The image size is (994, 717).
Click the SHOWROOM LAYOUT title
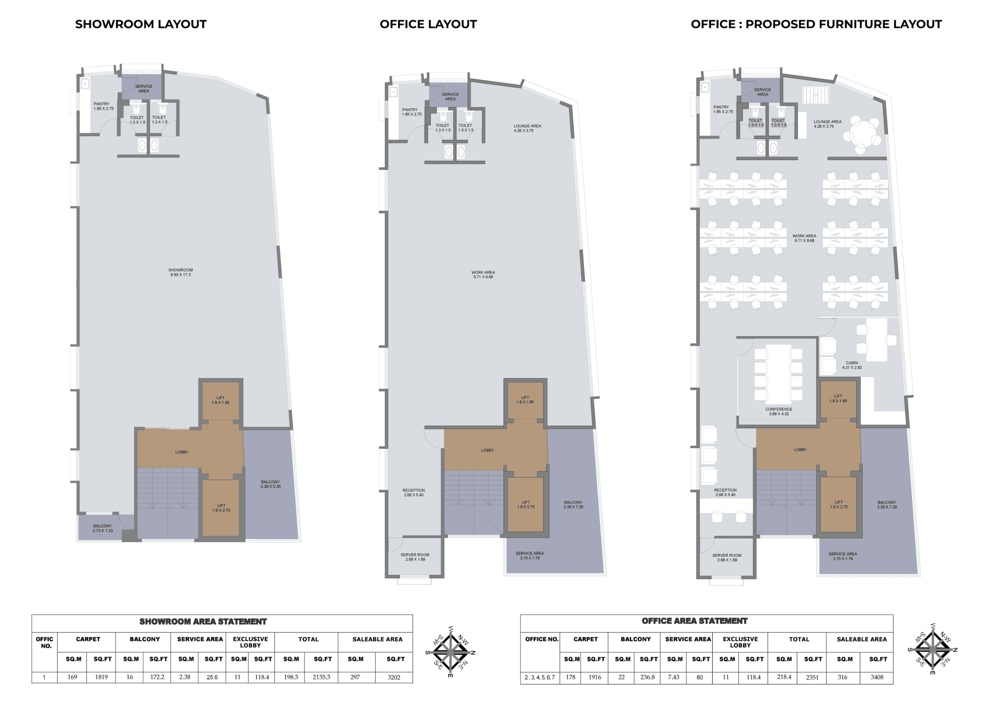click(x=141, y=24)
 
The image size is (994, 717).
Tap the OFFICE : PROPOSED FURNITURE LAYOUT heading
click(x=816, y=24)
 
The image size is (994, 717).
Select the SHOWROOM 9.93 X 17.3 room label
click(x=181, y=272)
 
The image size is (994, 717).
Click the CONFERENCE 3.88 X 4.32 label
click(x=779, y=412)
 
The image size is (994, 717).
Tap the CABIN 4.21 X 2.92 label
click(x=852, y=365)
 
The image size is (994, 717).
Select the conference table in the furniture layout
click(x=779, y=375)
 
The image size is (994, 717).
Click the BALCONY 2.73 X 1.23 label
click(x=103, y=528)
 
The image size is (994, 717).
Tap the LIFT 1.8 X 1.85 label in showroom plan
click(x=221, y=400)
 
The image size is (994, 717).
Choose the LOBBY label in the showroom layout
click(x=182, y=452)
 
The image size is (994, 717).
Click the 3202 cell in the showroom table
click(x=394, y=677)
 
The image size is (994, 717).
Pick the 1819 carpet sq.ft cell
click(x=101, y=677)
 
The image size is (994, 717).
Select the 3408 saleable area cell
click(x=877, y=677)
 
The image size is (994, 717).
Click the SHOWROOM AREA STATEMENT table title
click(x=203, y=622)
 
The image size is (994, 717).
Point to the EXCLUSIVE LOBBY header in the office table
click(x=740, y=642)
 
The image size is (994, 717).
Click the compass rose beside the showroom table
click(x=450, y=651)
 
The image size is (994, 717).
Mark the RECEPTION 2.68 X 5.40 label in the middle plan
click(x=414, y=493)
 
